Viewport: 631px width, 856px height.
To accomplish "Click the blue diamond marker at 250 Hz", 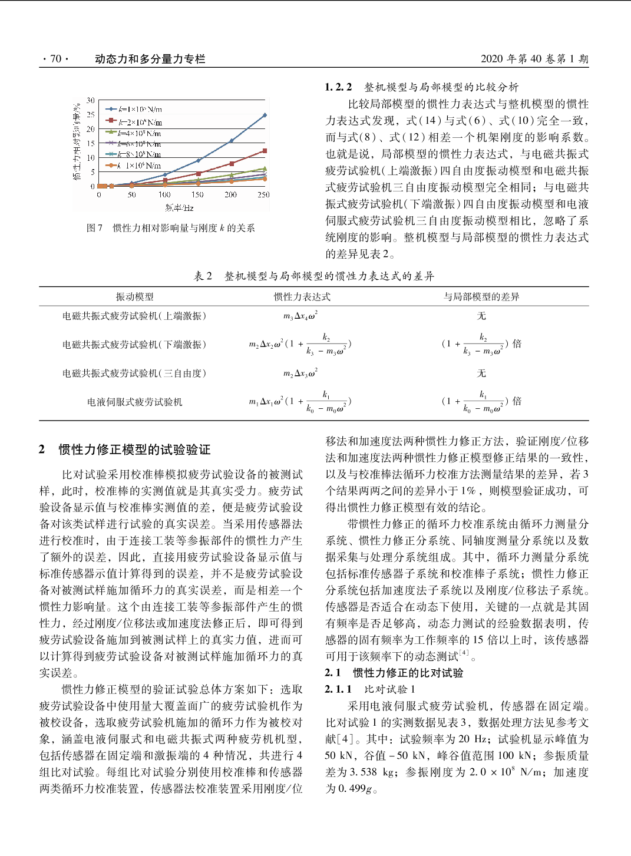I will (x=265, y=115).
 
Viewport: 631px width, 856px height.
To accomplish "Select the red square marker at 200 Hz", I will (x=232, y=163).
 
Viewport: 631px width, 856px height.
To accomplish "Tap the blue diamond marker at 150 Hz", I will (x=199, y=160).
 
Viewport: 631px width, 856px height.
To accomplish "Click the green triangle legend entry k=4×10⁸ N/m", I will (x=134, y=134).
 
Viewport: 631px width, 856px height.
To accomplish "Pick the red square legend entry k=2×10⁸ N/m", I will (x=134, y=123).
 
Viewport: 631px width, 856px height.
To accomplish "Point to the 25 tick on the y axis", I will (x=91, y=115).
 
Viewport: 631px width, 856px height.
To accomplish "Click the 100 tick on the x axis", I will (x=164, y=194).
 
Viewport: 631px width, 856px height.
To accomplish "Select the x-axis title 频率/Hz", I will (x=180, y=208).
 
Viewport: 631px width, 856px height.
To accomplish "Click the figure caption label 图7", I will (x=94, y=228).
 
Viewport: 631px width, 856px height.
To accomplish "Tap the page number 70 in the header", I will (x=55, y=59).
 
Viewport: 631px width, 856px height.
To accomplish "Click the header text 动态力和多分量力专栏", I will (x=150, y=59).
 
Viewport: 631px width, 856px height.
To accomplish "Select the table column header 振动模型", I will (x=134, y=297).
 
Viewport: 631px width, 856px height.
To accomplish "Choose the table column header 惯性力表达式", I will (x=302, y=297).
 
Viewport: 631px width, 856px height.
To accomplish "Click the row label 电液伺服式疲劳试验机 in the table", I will (x=134, y=402).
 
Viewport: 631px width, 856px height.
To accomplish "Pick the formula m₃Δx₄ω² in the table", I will (x=300, y=316).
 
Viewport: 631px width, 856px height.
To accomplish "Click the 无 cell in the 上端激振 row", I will (x=481, y=316).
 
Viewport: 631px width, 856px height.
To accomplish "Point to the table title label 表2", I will (x=203, y=276).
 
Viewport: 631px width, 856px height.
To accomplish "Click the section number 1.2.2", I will (x=338, y=87).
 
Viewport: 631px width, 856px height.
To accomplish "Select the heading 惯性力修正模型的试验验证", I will (x=134, y=450).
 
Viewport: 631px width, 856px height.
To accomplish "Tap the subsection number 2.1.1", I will (x=338, y=689).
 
